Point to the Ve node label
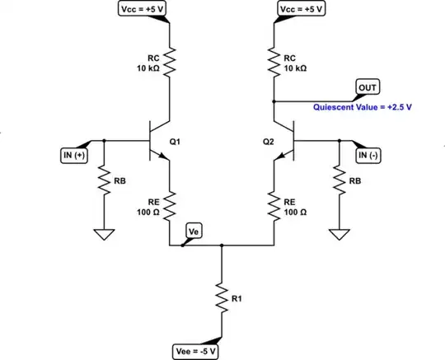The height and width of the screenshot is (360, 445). coord(194,231)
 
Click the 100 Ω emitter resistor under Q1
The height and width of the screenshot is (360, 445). coord(170,206)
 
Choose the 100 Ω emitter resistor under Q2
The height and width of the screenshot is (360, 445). coord(274,206)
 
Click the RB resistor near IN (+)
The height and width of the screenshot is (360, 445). coord(104,183)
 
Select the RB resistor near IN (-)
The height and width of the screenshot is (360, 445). coord(340,183)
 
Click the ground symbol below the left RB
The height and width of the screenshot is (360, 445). coord(104,234)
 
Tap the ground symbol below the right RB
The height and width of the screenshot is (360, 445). coord(340,234)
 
